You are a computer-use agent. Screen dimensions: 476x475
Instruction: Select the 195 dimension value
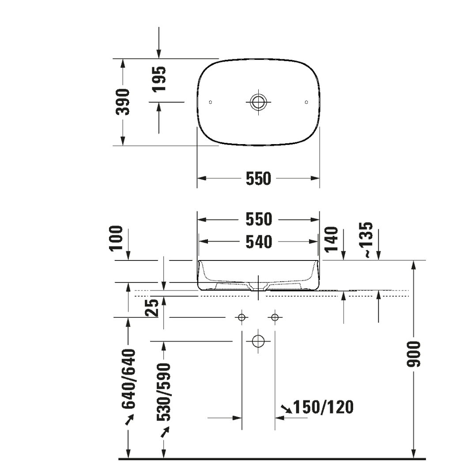coord(159,79)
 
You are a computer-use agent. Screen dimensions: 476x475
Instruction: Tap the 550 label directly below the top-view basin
coord(258,178)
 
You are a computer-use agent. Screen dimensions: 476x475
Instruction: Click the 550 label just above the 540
coord(258,219)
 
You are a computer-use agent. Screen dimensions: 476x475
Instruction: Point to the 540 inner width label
coord(258,242)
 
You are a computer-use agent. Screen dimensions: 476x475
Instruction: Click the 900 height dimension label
coord(414,353)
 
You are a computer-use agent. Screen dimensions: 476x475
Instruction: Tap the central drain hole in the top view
coord(258,102)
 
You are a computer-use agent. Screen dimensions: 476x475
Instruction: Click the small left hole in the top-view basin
coord(210,102)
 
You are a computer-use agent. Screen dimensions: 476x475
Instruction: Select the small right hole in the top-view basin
coord(306,102)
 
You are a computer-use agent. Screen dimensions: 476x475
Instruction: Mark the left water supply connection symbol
coord(241,317)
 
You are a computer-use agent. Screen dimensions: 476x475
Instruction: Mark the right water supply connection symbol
coord(275,317)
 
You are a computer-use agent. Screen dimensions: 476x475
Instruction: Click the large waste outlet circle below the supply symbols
coord(258,341)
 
